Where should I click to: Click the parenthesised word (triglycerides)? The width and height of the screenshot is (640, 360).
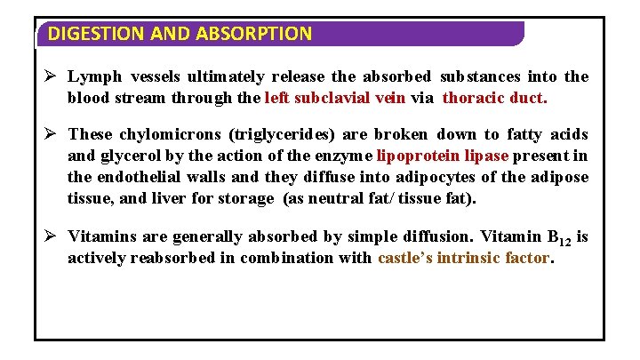[x=284, y=135]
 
